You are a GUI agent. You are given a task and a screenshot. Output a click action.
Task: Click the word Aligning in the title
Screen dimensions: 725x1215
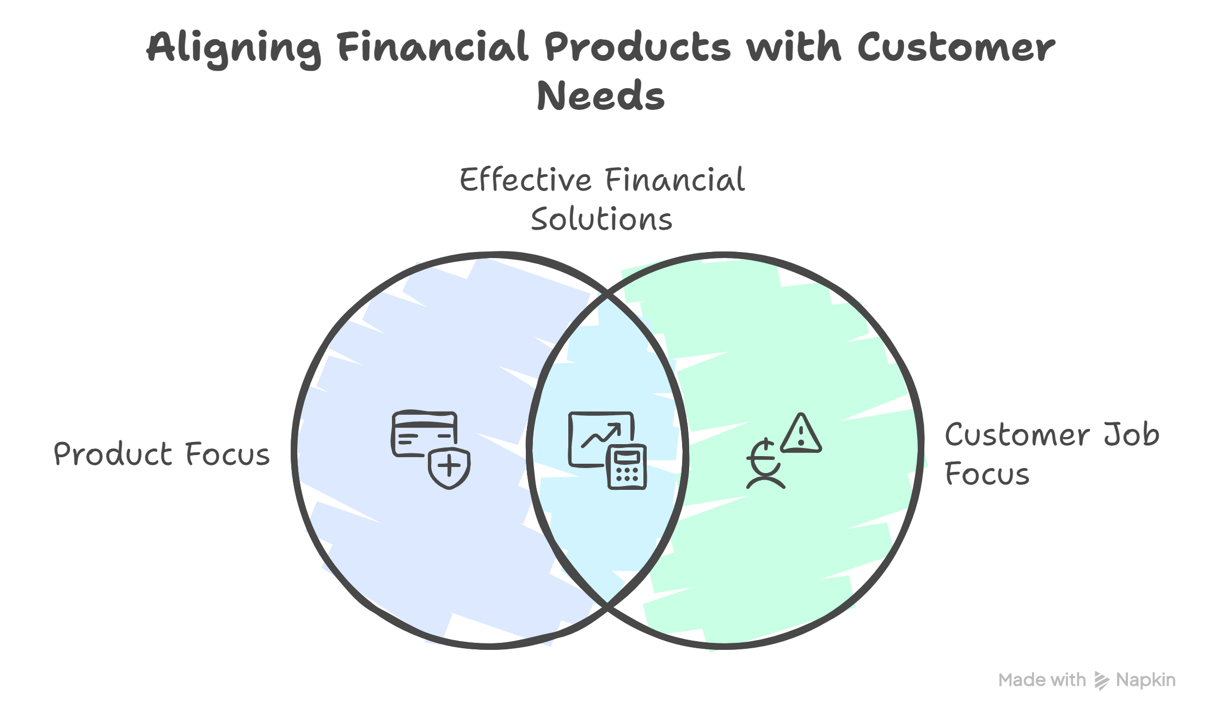[x=234, y=48]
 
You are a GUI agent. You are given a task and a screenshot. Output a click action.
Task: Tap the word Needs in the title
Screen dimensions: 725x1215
[x=600, y=96]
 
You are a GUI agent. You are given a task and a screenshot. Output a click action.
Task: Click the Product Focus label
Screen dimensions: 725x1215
[x=162, y=454]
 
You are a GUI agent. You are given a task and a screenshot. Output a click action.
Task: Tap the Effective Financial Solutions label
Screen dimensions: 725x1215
[x=602, y=199]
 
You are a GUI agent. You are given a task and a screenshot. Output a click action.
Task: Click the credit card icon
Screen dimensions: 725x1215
[x=424, y=433]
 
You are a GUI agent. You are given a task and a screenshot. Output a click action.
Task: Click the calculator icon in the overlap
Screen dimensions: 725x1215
[x=627, y=468]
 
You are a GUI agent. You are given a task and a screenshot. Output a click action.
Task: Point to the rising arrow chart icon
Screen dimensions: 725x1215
[x=599, y=435]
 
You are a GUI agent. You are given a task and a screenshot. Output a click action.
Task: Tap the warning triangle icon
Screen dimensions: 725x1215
[x=801, y=434]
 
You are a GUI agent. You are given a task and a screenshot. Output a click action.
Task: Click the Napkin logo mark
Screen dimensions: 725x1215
[x=1102, y=680]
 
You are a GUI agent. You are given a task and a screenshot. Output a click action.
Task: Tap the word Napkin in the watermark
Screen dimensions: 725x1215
[x=1145, y=680]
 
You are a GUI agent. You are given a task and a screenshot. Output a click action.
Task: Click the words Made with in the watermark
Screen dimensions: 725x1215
[x=1042, y=680]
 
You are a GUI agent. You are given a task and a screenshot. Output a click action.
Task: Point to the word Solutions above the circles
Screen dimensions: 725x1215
[x=602, y=219]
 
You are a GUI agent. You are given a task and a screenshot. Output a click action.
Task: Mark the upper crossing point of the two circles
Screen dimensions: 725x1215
[x=607, y=295]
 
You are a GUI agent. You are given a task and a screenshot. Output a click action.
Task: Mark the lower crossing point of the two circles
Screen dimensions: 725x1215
[x=607, y=604]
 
